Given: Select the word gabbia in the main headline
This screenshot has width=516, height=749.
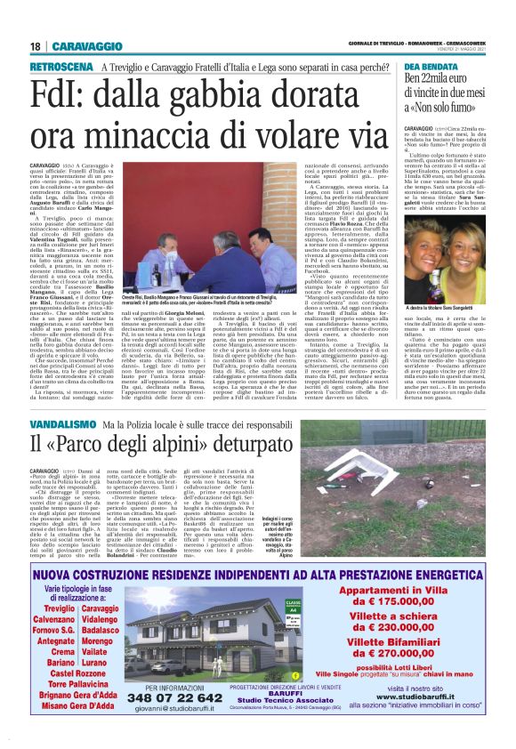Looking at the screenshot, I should tap(230, 91).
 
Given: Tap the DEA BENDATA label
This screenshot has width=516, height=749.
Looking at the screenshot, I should tap(428, 67).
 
